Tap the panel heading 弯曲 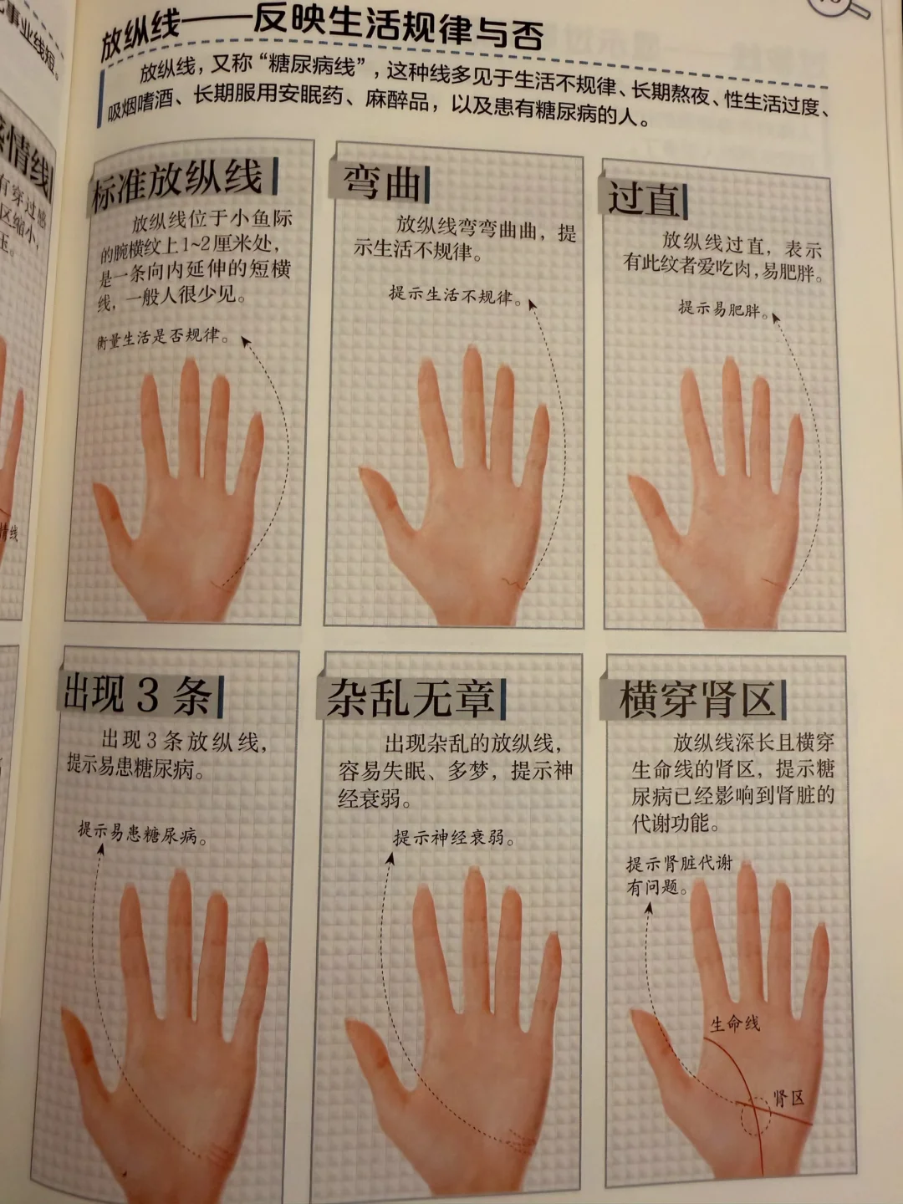point(382,182)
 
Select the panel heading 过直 point(643,199)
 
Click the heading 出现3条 point(137,695)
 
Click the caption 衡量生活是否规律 point(162,338)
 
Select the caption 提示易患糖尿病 point(142,833)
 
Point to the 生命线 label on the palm point(735,1022)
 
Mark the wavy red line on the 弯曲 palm point(513,582)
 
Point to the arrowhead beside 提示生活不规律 point(530,303)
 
